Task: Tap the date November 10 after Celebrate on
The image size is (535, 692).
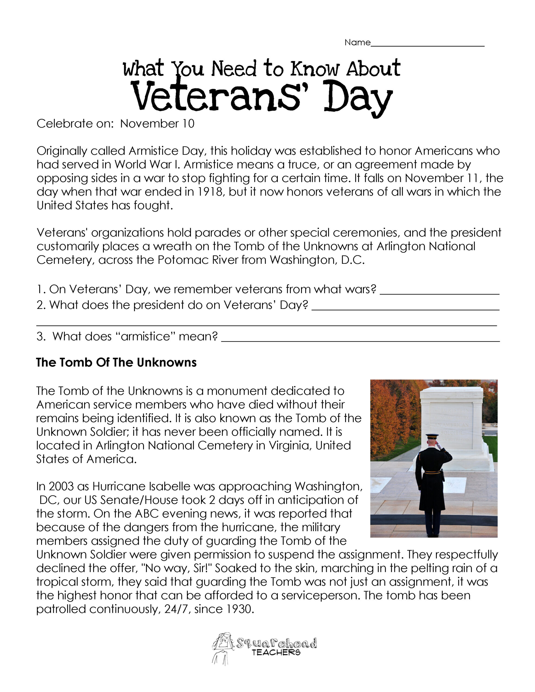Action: point(157,124)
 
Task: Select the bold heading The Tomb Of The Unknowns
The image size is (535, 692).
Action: point(116,362)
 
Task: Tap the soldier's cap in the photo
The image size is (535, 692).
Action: point(432,436)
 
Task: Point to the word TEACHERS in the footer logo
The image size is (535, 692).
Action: point(276,652)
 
